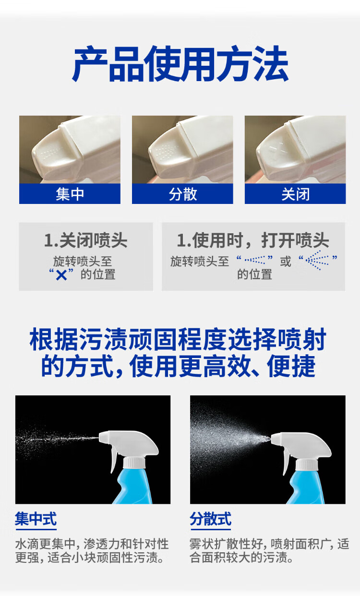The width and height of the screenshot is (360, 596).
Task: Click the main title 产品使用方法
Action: (180, 64)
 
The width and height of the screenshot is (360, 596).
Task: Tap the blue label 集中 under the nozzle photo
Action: (70, 194)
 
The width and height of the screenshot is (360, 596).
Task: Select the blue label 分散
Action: (182, 194)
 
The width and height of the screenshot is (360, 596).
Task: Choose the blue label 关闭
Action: (295, 194)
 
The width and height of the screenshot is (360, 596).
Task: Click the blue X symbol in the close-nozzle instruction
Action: (61, 275)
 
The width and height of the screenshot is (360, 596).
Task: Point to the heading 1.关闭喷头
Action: (85, 240)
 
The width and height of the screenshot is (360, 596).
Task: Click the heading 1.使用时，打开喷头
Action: (253, 240)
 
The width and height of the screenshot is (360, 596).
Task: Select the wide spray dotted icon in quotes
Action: (317, 260)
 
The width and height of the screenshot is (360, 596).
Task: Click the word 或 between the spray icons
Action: (286, 262)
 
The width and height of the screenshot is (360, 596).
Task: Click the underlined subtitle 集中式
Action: (36, 519)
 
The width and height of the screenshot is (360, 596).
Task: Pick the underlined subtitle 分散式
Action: (210, 519)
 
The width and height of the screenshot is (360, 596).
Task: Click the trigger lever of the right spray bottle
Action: (286, 463)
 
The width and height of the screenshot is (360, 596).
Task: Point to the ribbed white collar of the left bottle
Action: (134, 463)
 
